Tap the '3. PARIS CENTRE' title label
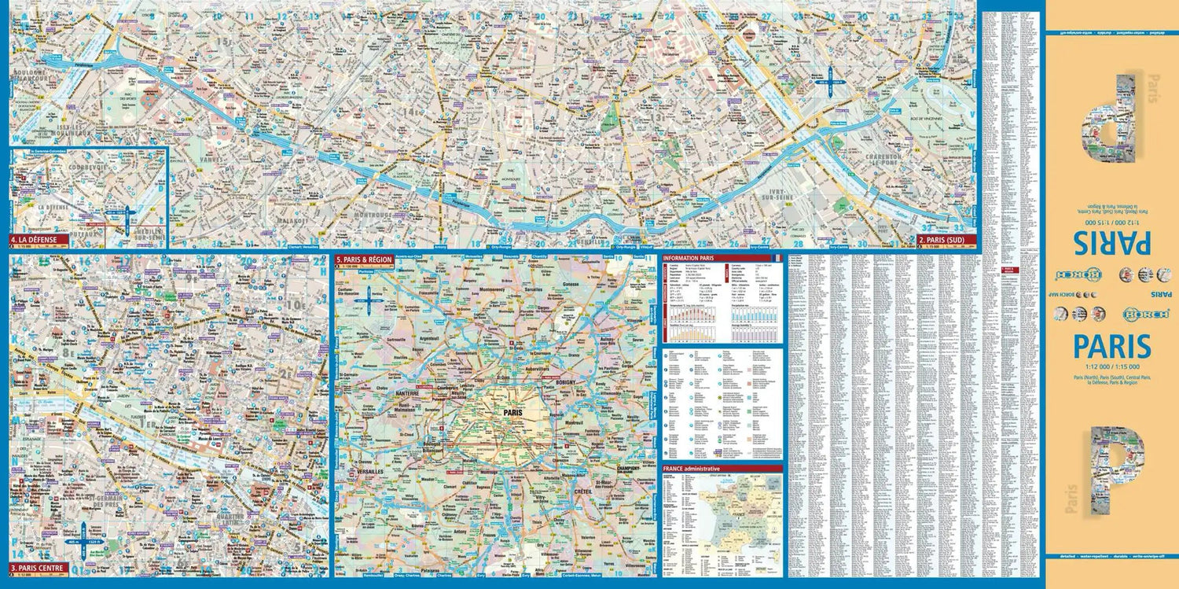[38, 568]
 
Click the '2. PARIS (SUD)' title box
[946, 239]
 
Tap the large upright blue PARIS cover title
[1111, 348]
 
